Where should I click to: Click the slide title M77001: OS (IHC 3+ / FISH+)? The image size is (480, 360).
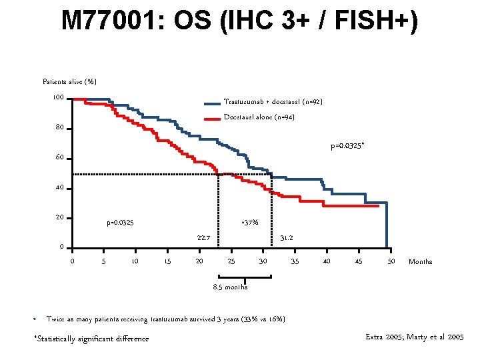click(x=240, y=21)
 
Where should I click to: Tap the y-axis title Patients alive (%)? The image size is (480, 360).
click(x=69, y=81)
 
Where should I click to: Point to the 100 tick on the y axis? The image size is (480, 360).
click(x=59, y=99)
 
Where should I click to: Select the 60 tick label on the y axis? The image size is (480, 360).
click(x=59, y=158)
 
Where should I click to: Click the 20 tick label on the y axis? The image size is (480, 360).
click(x=59, y=218)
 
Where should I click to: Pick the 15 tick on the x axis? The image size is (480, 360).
click(x=167, y=261)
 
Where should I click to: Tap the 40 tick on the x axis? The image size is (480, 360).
click(x=327, y=261)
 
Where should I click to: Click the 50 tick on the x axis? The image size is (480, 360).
click(x=391, y=261)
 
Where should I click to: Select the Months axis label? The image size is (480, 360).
click(x=420, y=261)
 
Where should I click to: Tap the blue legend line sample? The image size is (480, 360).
click(x=211, y=103)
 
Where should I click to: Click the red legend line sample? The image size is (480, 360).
click(x=211, y=119)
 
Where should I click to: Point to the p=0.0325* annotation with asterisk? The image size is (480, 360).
click(x=347, y=147)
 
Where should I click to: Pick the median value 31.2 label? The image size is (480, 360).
click(x=286, y=237)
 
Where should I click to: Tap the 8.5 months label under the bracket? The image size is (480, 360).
click(x=230, y=287)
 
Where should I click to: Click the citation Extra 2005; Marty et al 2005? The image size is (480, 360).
click(x=415, y=338)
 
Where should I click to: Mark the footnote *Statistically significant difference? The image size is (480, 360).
click(x=91, y=339)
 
